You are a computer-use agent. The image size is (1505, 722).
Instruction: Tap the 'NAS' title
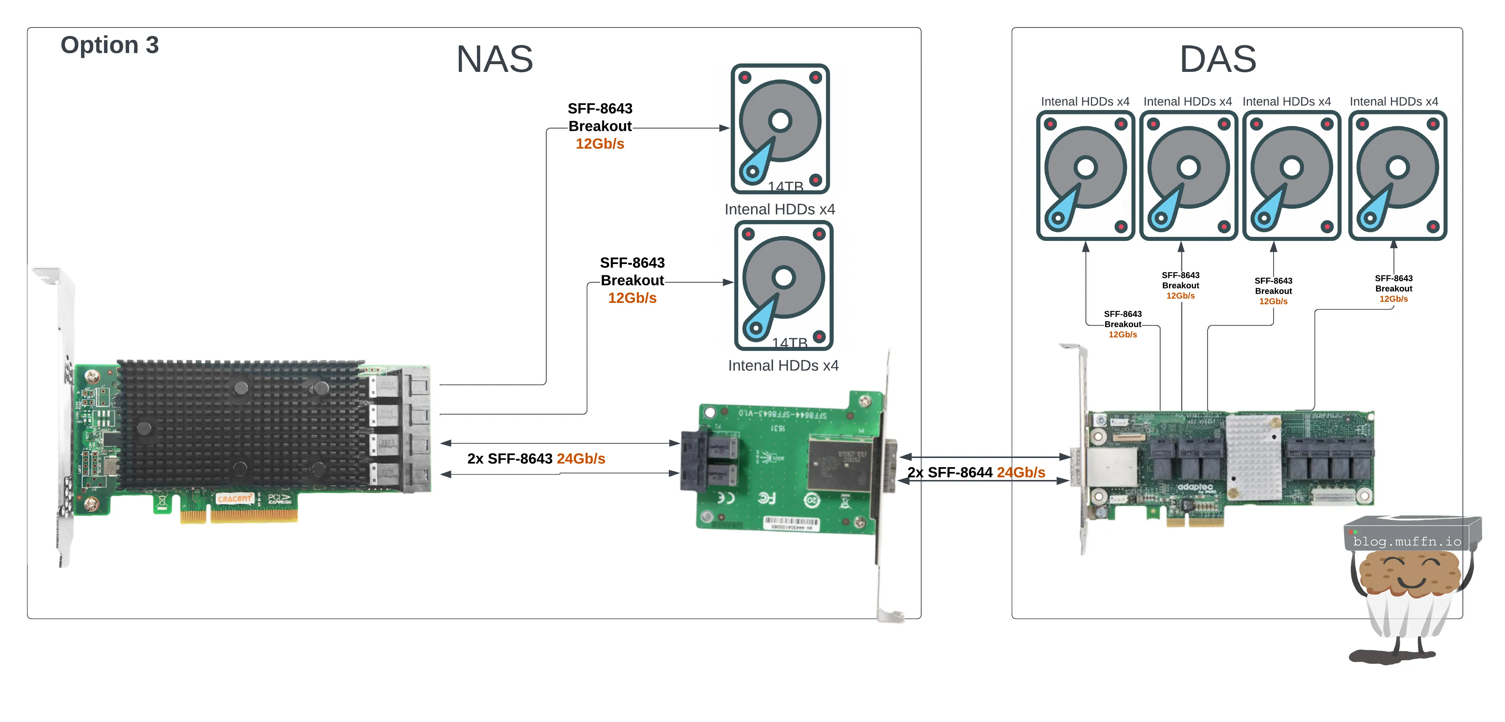coord(494,59)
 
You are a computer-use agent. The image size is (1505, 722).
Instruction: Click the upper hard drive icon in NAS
coord(780,128)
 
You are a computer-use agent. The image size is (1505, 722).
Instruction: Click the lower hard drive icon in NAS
coord(783,285)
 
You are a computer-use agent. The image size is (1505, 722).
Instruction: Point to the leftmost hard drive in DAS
coord(1085,175)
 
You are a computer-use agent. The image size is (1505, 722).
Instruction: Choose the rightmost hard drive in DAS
coord(1397,175)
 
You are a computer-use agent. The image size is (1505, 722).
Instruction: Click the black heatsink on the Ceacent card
coord(242,425)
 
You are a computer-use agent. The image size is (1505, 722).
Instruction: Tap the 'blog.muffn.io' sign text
coord(1407,542)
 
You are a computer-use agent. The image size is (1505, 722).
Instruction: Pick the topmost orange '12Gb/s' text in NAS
coord(600,144)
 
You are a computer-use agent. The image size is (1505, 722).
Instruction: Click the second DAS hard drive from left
coord(1189,175)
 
